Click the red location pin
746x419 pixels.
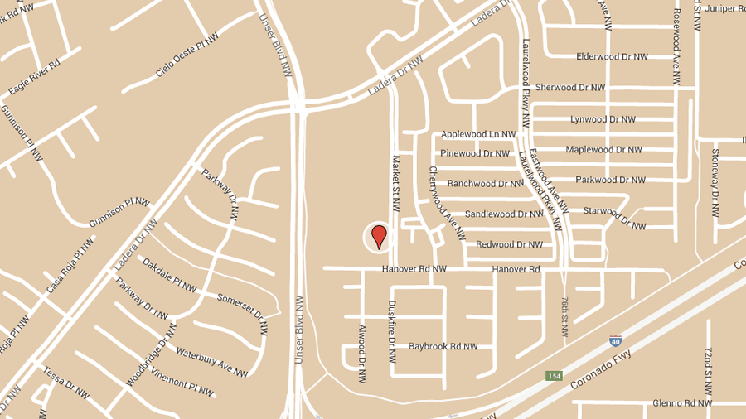379,236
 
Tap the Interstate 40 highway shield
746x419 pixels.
614,340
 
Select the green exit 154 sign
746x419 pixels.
554,376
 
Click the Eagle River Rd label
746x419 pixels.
34,77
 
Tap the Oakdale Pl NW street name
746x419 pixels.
170,276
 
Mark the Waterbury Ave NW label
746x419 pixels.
211,362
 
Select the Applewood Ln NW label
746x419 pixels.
478,134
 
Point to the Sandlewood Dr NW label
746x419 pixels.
503,214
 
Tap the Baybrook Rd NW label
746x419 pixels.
443,346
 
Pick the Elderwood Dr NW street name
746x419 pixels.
612,56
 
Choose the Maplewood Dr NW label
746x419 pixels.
603,150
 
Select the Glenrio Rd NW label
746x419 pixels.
681,403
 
